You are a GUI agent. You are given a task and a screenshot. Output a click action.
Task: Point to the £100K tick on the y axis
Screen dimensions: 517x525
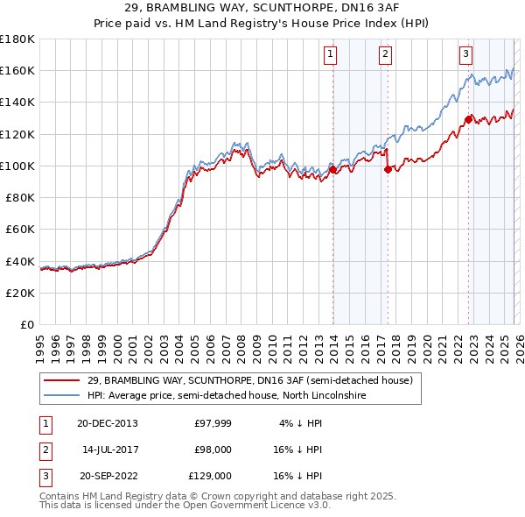(x=17, y=166)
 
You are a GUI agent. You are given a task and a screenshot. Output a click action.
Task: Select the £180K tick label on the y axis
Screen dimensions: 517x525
(x=17, y=39)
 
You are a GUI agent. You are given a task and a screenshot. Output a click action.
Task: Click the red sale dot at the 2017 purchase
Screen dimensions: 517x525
(x=388, y=169)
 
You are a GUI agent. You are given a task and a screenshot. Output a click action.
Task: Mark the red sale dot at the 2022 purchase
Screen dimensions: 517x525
(x=468, y=119)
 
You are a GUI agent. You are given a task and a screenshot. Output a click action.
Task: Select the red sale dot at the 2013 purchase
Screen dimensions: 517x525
(x=332, y=169)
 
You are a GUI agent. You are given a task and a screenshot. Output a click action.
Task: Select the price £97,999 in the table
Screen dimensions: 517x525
(x=213, y=423)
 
